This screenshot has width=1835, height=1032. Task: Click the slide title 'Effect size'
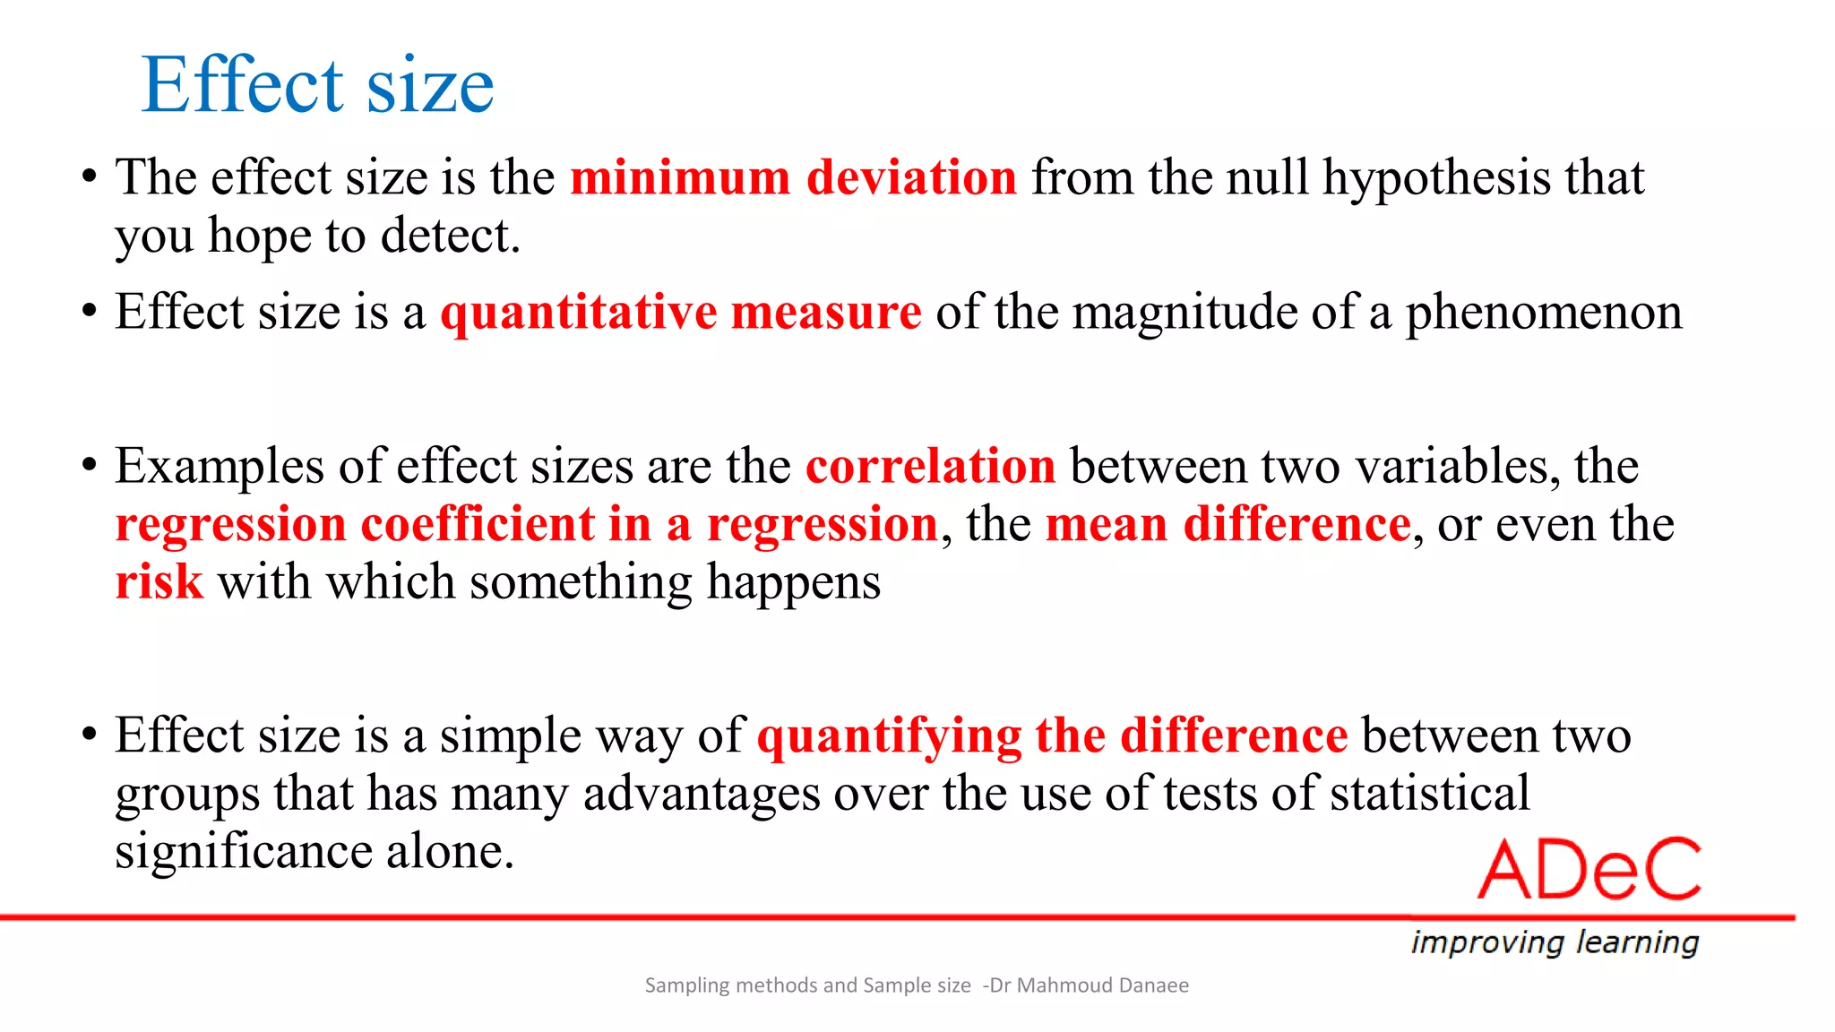point(317,85)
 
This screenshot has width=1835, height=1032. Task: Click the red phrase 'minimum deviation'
point(793,177)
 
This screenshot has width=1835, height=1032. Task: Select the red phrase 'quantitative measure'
point(680,313)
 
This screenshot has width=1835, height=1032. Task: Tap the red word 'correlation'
point(930,467)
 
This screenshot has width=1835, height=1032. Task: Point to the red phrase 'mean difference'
point(1228,524)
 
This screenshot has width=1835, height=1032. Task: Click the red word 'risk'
point(159,582)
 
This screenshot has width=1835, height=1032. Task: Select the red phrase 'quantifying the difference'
point(1052,735)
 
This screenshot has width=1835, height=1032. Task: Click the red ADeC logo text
point(1589,870)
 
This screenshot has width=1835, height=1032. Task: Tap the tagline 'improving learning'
point(1555,942)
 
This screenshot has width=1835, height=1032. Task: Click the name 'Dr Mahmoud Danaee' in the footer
point(1089,985)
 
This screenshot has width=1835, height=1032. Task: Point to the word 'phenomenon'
point(1543,313)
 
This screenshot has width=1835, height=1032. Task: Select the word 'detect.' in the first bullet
point(450,236)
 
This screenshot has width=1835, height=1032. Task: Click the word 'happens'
point(793,582)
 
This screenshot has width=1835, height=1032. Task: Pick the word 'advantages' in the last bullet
point(702,794)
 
